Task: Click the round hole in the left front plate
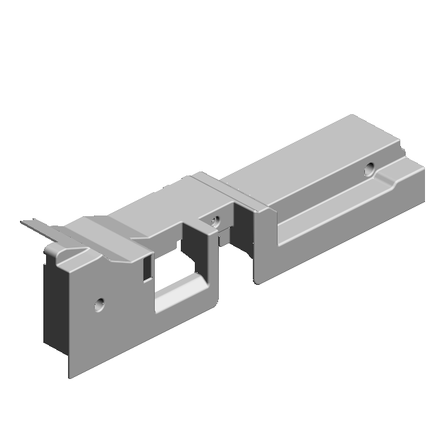[x=100, y=304]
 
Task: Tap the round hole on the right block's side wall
[x=369, y=168]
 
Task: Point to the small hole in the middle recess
[x=214, y=220]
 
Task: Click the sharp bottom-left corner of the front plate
[x=69, y=378]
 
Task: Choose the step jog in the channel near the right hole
[x=386, y=180]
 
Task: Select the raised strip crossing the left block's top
[x=107, y=234]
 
